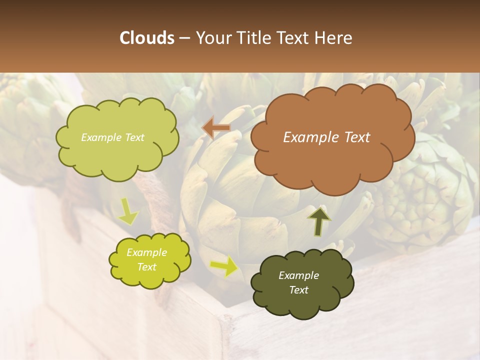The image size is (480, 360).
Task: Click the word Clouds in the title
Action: [x=147, y=38]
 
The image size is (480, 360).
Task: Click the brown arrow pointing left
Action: [x=216, y=128]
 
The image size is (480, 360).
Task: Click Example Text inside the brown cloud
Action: [x=326, y=137]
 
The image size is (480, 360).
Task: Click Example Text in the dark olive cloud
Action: [x=298, y=282]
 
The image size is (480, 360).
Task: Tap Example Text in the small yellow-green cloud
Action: [x=146, y=259]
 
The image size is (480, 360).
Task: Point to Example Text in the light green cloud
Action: [x=112, y=137]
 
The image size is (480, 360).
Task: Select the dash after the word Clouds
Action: [x=184, y=38]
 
